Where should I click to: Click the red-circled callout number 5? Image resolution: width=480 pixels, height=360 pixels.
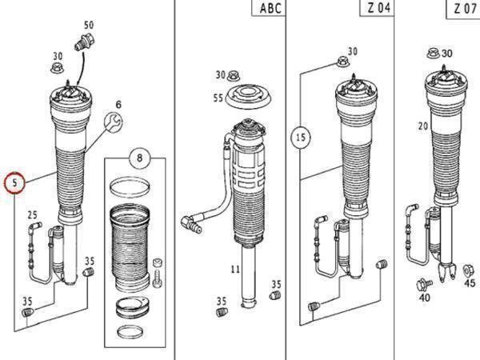(x=14, y=183)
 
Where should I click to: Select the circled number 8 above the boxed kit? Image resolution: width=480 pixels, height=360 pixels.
(x=139, y=158)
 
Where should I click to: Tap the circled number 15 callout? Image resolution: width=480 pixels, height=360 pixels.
(x=300, y=137)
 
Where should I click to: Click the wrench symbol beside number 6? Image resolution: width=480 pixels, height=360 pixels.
(x=114, y=122)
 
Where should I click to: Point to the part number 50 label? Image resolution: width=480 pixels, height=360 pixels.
(x=89, y=25)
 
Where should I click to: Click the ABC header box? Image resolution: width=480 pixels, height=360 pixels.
(x=269, y=8)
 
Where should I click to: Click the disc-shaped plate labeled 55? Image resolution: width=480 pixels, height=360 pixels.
(x=249, y=97)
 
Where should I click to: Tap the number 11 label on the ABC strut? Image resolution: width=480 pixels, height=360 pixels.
(x=235, y=270)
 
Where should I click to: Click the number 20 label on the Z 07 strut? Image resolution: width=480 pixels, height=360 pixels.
(x=423, y=126)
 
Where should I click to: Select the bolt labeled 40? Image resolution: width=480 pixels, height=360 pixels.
(x=424, y=285)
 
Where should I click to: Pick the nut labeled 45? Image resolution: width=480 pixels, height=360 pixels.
(x=467, y=270)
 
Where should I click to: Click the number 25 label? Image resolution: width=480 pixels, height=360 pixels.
(x=32, y=215)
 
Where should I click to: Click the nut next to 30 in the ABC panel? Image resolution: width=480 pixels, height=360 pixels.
(x=234, y=75)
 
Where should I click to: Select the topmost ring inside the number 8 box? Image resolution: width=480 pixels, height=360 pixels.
(x=130, y=186)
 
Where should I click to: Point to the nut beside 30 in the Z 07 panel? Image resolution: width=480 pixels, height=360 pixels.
(x=434, y=54)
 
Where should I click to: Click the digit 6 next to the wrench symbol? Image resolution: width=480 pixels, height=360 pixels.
(x=118, y=104)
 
